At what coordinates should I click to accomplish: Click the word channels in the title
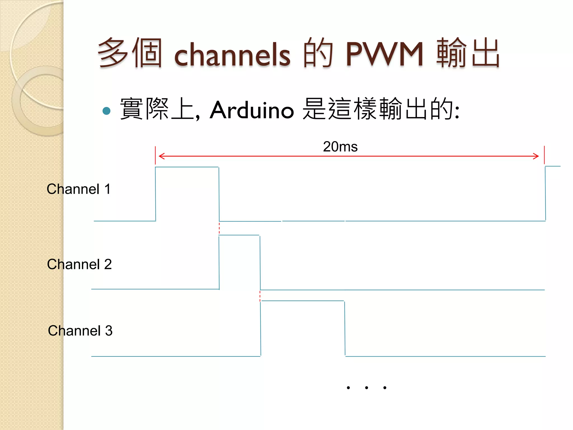coord(232,55)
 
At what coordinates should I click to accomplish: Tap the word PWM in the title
coord(384,54)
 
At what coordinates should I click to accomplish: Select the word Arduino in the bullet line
coord(252,110)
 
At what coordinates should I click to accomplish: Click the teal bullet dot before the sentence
coord(107,111)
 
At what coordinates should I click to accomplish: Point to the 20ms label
coord(340,147)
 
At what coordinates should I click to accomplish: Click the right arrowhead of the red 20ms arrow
coord(536,156)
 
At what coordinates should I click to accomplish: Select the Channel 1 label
coord(79,189)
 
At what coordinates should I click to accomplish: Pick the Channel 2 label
coord(79,264)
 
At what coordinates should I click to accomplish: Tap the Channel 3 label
coord(80,331)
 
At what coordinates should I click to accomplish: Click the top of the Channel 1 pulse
coord(187,167)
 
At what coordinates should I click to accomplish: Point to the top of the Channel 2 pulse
coord(239,235)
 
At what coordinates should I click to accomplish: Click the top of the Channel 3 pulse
coord(302,301)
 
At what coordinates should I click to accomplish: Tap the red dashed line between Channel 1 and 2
coord(219,228)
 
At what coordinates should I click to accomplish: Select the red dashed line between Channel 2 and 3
coord(260,296)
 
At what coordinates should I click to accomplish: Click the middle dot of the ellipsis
coord(367,388)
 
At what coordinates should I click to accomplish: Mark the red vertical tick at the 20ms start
coord(155,155)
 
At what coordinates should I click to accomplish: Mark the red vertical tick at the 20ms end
coord(544,155)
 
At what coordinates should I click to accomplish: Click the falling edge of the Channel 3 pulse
coord(345,328)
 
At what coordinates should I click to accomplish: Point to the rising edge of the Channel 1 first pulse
coord(156,194)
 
